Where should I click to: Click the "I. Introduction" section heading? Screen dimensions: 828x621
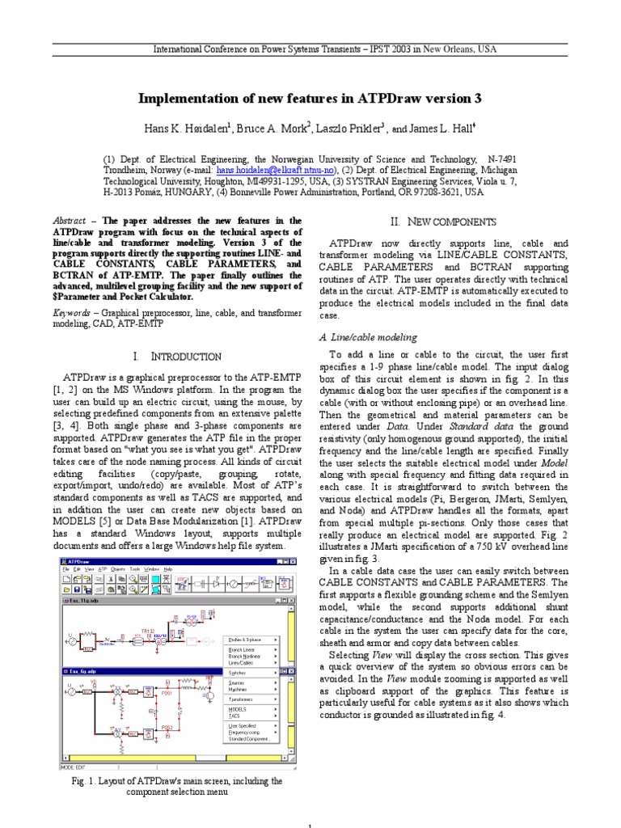(x=176, y=357)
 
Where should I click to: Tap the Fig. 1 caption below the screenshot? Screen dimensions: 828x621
(x=174, y=787)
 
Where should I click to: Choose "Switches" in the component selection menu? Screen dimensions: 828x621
(x=238, y=672)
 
